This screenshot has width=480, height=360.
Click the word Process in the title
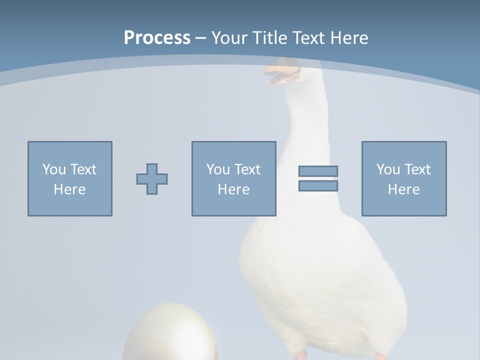coord(157,38)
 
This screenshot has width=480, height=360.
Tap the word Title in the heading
coord(270,38)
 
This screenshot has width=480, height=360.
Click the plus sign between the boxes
coord(152,178)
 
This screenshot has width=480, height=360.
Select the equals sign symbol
coord(318,178)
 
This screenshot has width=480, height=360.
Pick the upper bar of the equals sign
coord(318,171)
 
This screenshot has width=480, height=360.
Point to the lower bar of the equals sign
coord(318,186)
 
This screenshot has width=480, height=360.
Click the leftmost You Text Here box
coord(69,178)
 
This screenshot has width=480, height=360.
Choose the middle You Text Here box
coord(233,178)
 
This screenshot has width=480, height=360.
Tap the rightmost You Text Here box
coord(403,178)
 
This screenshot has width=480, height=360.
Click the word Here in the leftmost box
coord(69,189)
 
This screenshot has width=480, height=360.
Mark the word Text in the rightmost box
coord(417,169)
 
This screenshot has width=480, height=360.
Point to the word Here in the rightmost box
coord(403,189)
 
